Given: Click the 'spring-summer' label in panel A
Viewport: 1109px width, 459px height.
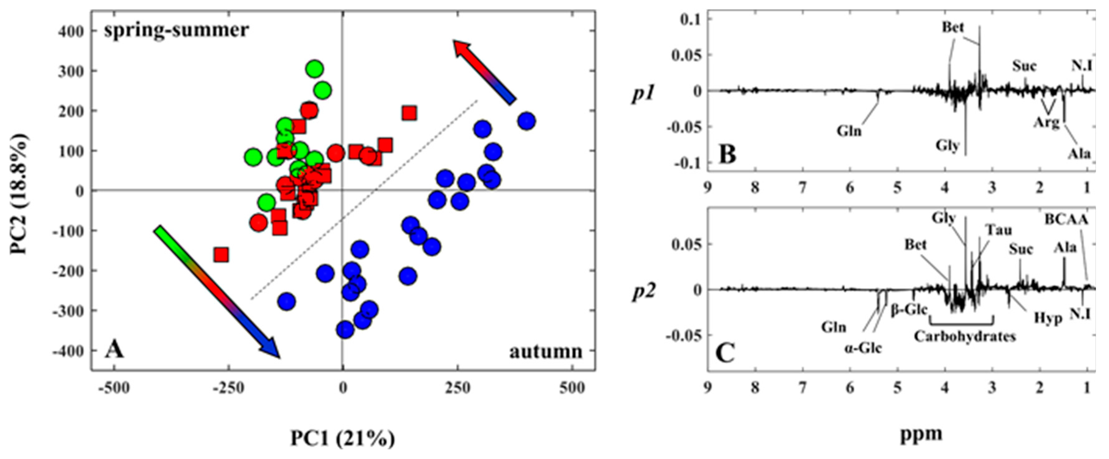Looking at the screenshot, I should pyautogui.click(x=176, y=30).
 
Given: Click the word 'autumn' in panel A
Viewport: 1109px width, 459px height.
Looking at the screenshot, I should pyautogui.click(x=546, y=351).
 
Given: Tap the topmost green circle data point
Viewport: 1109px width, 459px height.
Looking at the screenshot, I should pyautogui.click(x=315, y=69).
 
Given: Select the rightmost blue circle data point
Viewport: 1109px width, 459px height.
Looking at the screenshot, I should pyautogui.click(x=527, y=121).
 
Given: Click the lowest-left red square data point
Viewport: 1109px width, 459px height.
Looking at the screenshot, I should pyautogui.click(x=221, y=255).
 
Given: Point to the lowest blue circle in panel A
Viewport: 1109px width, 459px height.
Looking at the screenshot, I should pyautogui.click(x=345, y=330).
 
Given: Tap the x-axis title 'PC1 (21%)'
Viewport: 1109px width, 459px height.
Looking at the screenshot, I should pyautogui.click(x=343, y=439).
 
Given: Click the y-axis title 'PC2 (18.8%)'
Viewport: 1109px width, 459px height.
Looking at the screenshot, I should pyautogui.click(x=19, y=194).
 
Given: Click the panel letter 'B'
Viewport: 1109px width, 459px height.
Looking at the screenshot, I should pyautogui.click(x=727, y=154).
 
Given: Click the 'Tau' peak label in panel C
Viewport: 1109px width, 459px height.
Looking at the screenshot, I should pyautogui.click(x=999, y=230).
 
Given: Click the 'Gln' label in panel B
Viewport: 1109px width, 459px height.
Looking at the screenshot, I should pyautogui.click(x=849, y=130).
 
